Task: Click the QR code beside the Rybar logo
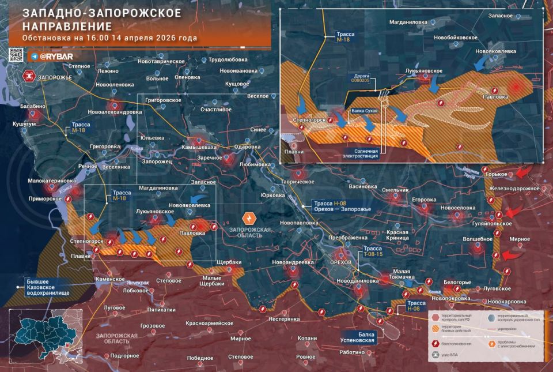point(16,56)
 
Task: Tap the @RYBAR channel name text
point(55,57)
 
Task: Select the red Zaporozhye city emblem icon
point(28,76)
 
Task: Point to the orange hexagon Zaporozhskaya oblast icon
point(249,218)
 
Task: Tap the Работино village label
point(353,352)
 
